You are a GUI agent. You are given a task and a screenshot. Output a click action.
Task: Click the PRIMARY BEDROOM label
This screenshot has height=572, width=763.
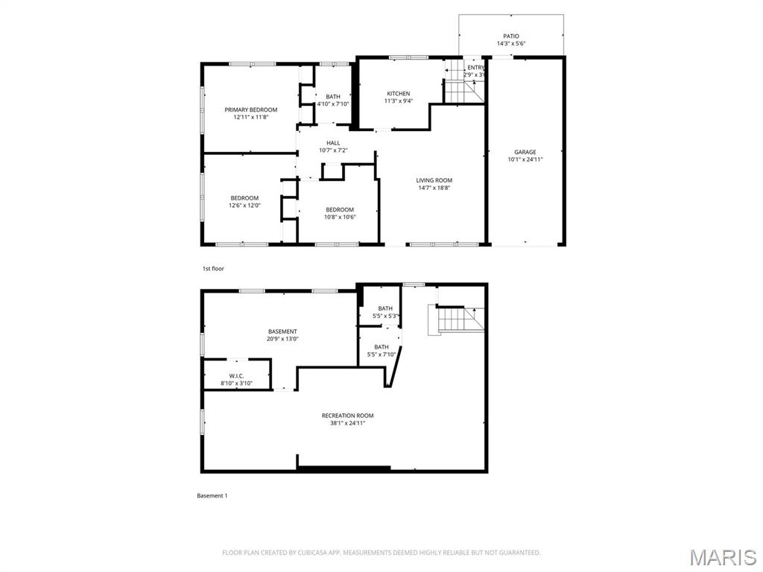pyautogui.click(x=250, y=109)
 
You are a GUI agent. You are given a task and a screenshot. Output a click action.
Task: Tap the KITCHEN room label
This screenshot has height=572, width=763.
pyautogui.click(x=398, y=94)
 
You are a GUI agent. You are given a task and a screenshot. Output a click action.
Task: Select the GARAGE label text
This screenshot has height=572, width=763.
pyautogui.click(x=525, y=152)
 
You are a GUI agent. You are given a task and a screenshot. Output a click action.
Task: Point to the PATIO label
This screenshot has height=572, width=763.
pyautogui.click(x=510, y=36)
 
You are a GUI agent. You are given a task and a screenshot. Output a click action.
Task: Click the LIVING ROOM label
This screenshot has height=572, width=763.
pyautogui.click(x=434, y=180)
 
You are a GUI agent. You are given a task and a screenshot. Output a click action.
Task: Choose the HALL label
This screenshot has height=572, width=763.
pyautogui.click(x=333, y=143)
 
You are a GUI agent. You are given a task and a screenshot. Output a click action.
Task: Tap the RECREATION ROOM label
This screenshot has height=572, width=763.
pyautogui.click(x=347, y=416)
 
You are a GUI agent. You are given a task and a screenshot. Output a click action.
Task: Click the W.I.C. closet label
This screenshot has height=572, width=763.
pyautogui.click(x=236, y=376)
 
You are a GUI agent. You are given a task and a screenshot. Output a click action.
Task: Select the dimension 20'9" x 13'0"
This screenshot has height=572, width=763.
pyautogui.click(x=283, y=339)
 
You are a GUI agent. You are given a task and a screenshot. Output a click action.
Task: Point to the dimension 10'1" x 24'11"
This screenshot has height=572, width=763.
pyautogui.click(x=525, y=159)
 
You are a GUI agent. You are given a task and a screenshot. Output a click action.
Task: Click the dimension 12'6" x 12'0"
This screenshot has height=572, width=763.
pyautogui.click(x=244, y=206)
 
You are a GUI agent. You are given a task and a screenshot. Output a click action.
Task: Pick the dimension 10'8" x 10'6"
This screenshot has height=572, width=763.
pyautogui.click(x=339, y=217)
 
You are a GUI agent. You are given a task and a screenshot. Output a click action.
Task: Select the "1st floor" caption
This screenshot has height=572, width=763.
pyautogui.click(x=213, y=268)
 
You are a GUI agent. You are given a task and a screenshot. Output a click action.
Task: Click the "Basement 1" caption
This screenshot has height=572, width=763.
pyautogui.click(x=212, y=495)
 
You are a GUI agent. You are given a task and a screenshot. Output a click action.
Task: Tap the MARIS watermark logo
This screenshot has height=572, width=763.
pyautogui.click(x=722, y=557)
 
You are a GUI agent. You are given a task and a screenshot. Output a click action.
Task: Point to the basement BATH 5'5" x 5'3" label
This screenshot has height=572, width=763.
pyautogui.click(x=385, y=312)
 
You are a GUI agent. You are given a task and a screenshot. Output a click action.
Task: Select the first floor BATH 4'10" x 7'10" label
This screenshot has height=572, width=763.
pyautogui.click(x=332, y=100)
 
